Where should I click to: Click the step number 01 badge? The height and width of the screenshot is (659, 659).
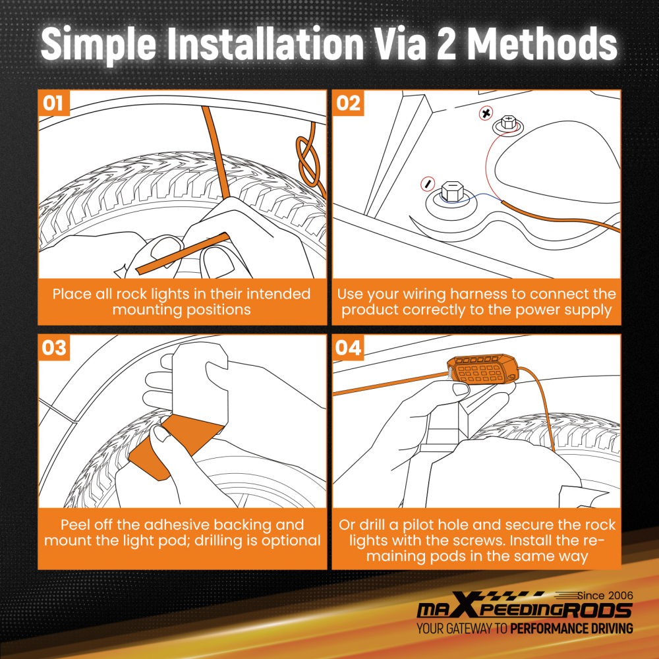(54, 103)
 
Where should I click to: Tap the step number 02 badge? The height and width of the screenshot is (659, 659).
(348, 103)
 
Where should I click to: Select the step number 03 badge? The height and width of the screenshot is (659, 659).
(54, 347)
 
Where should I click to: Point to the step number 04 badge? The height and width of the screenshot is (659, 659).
(348, 347)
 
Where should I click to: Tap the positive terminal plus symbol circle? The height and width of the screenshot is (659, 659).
(486, 113)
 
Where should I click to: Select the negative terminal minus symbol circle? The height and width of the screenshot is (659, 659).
(428, 184)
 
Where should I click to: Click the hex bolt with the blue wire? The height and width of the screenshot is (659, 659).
(452, 192)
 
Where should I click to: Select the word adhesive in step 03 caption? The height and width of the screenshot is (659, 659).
(177, 525)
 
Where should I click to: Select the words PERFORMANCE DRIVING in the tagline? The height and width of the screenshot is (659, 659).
(571, 628)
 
